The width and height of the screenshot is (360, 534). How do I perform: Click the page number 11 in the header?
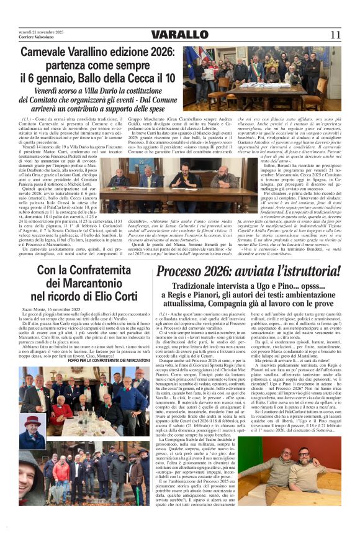pos(335,34)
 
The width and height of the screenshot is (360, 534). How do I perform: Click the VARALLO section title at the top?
pos(180,34)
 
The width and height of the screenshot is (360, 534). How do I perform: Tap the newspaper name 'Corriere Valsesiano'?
pos(31,37)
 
